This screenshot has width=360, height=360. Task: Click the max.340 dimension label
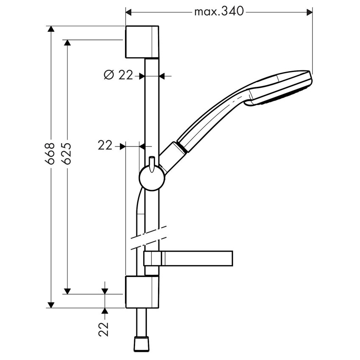tap(219, 11)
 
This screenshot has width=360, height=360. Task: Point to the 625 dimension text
tap(66, 153)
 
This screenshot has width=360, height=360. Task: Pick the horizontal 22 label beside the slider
tap(105, 146)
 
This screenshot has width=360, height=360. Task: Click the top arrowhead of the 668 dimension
tap(51, 29)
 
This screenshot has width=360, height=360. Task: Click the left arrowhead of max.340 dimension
tap(129, 12)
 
